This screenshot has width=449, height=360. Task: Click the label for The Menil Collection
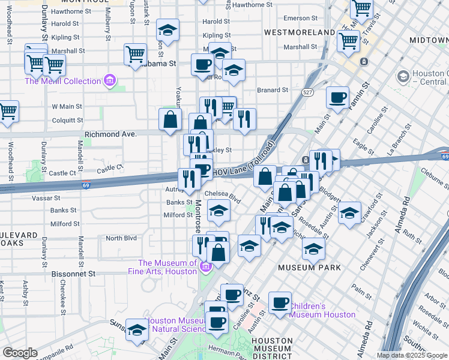(62, 82)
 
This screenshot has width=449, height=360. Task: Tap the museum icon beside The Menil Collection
(109, 80)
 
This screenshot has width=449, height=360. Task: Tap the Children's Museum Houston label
(323, 310)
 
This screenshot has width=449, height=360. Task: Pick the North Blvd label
(121, 238)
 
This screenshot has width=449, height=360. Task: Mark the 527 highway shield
(307, 92)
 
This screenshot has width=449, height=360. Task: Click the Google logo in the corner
(20, 353)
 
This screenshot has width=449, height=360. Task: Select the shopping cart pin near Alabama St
(135, 54)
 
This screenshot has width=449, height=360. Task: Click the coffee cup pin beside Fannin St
(337, 98)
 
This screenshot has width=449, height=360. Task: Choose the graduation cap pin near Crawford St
(349, 213)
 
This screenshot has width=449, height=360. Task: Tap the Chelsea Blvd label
(222, 194)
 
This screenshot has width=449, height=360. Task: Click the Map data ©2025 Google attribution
(411, 355)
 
